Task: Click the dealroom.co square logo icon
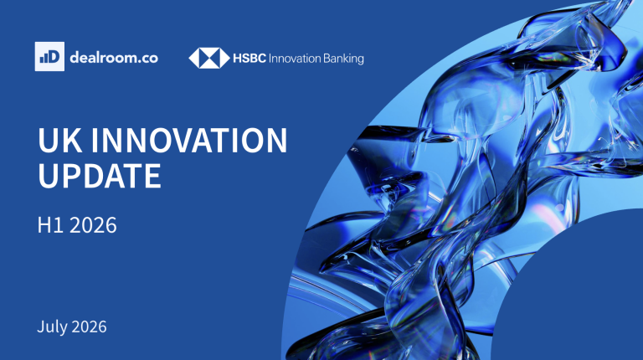(49, 57)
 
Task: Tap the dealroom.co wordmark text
(114, 58)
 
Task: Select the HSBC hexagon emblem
(209, 58)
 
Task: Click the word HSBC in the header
(249, 59)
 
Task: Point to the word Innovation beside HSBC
(295, 59)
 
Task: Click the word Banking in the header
(343, 59)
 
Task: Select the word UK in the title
(60, 140)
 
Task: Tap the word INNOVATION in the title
(189, 140)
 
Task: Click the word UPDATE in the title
(100, 176)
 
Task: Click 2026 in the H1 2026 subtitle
(93, 225)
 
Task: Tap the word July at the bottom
(53, 327)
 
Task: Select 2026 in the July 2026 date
(89, 327)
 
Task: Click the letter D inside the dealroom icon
(54, 57)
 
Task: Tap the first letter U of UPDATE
(48, 176)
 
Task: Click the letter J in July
(40, 327)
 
